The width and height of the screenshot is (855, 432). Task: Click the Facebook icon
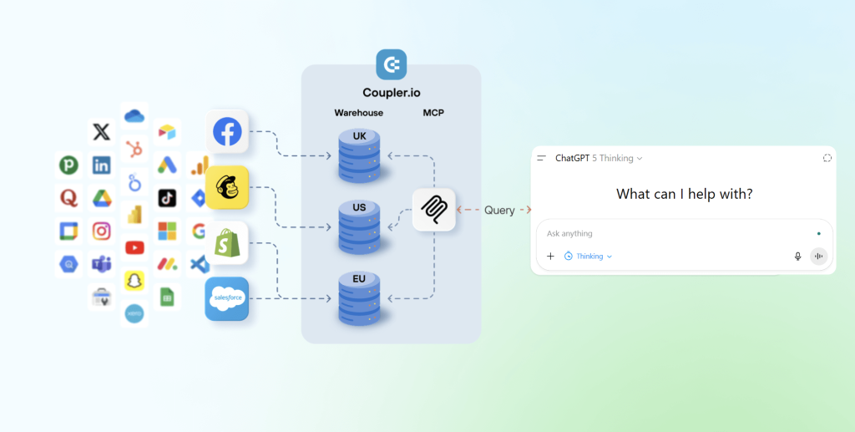click(227, 131)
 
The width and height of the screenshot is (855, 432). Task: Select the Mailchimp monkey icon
click(227, 187)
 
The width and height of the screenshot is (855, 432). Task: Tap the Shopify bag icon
click(227, 243)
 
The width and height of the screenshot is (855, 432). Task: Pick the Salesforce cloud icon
click(227, 298)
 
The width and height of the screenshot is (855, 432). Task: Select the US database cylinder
click(360, 226)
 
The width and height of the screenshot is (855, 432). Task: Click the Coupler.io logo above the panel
click(391, 64)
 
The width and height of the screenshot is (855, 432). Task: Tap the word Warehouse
click(359, 112)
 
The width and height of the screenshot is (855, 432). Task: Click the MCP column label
click(433, 112)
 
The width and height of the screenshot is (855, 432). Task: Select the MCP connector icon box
click(433, 210)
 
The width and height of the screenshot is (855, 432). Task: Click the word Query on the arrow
click(499, 211)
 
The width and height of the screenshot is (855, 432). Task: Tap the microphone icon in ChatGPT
click(797, 257)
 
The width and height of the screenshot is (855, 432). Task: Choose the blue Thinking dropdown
click(588, 257)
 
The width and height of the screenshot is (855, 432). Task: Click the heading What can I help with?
click(684, 194)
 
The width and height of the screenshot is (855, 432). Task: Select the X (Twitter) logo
click(101, 132)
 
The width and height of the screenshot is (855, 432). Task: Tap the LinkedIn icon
click(101, 165)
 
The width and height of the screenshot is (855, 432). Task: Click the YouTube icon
click(134, 247)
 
